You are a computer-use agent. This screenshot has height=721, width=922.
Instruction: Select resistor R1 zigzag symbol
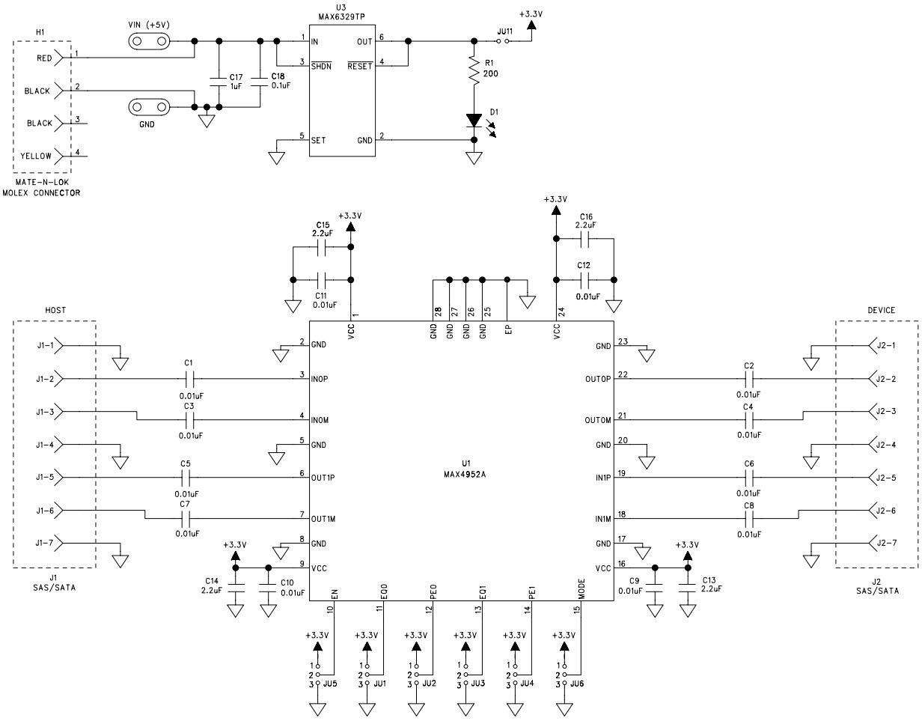tap(473, 71)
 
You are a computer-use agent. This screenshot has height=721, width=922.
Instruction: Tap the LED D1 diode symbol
tap(474, 121)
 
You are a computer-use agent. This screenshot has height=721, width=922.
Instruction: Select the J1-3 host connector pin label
tap(44, 412)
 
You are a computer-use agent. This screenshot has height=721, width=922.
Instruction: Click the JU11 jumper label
tap(505, 31)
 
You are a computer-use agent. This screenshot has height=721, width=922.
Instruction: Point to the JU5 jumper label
tap(330, 684)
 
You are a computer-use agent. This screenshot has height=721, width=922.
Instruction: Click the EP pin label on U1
tap(508, 331)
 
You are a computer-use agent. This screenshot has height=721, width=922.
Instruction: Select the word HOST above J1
tap(55, 311)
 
